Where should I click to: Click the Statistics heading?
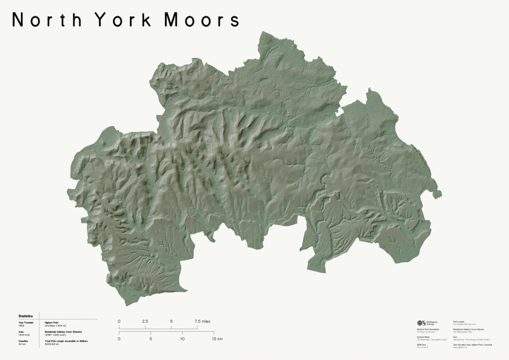(x=25, y=316)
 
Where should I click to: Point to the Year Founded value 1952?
(x=21, y=326)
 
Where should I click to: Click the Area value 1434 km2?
(x=24, y=335)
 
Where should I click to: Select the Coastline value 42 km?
(x=22, y=344)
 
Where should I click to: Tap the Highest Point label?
(x=52, y=322)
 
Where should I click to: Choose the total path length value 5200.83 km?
(x=52, y=344)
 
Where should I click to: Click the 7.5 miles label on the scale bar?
(x=202, y=321)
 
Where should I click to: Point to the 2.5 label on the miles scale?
(x=145, y=321)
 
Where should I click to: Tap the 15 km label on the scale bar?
(x=217, y=339)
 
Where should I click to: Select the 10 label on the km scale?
(x=182, y=339)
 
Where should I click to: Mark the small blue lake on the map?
(x=263, y=79)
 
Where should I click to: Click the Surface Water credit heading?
(x=424, y=337)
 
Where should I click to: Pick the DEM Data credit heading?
(x=422, y=344)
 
